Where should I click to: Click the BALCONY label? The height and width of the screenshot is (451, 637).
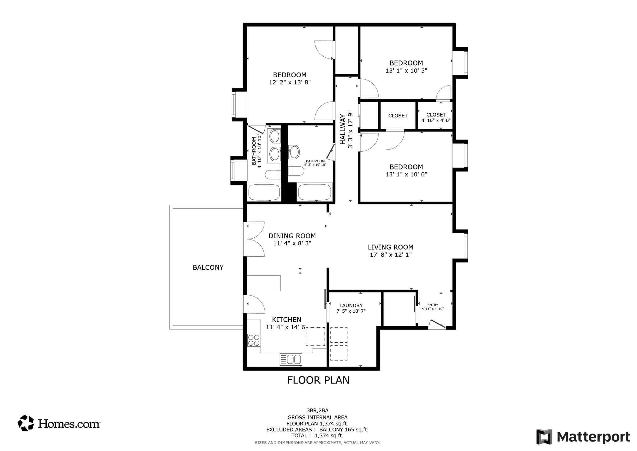coord(208,267)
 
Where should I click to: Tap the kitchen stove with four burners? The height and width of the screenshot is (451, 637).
coord(253,340)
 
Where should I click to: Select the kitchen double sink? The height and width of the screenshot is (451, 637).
coord(291,359)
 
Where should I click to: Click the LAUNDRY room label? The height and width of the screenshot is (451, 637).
coord(351,306)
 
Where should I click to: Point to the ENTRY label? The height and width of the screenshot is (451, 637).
coord(433,305)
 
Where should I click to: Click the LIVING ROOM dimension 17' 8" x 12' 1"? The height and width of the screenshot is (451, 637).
coord(391,255)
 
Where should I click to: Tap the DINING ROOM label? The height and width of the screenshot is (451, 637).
coord(292,236)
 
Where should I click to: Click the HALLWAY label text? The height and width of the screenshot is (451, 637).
coord(343,129)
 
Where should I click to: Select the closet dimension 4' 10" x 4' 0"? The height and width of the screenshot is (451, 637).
coord(436,120)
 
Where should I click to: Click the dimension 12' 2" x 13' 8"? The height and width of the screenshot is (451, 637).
coord(290,82)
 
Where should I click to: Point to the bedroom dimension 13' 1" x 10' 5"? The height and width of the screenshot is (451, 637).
coord(406,71)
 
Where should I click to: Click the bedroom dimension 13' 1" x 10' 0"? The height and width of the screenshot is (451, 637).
coord(406,174)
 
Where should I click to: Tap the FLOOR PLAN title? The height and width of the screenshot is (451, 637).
coord(318,380)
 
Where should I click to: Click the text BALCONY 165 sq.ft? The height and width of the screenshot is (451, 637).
coord(344,430)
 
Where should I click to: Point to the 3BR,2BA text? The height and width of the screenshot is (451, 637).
coord(317,411)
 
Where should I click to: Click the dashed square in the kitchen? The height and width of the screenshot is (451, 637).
coord(315,336)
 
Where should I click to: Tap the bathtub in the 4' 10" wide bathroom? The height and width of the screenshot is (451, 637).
coord(264,192)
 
